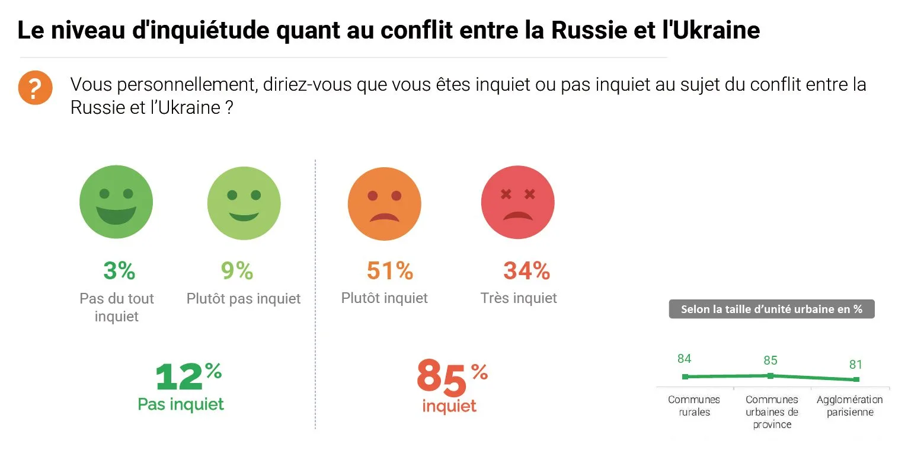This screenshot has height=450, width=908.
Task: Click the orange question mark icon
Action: point(35,88)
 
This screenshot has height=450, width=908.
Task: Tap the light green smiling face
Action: point(244,203)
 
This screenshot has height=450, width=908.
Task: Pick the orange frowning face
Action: point(384,203)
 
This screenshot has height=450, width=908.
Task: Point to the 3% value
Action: point(119,271)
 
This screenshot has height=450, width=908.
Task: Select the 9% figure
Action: point(237,271)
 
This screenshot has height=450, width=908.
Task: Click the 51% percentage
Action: point(389,271)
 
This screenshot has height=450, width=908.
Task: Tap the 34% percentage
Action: point(526,271)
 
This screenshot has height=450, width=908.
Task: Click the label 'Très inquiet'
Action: point(519,298)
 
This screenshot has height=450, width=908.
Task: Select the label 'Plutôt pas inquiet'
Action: point(244,298)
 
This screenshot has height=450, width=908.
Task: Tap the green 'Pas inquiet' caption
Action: point(181,404)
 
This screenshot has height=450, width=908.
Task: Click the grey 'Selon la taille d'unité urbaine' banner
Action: point(771,309)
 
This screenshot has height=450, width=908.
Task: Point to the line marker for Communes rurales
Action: point(685,376)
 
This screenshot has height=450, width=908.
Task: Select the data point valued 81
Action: point(856,379)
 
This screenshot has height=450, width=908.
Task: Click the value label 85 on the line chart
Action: point(770,360)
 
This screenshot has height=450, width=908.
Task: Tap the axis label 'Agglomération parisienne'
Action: point(849,406)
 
